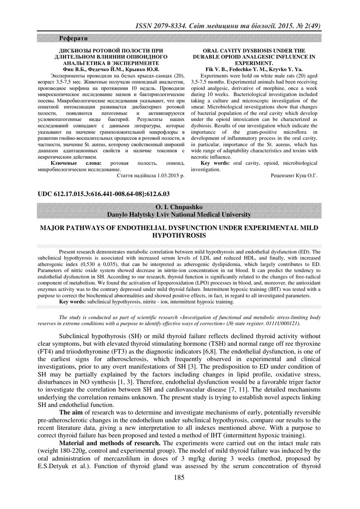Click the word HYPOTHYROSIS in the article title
coord(180,235)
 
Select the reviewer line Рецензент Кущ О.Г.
coord(293,176)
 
